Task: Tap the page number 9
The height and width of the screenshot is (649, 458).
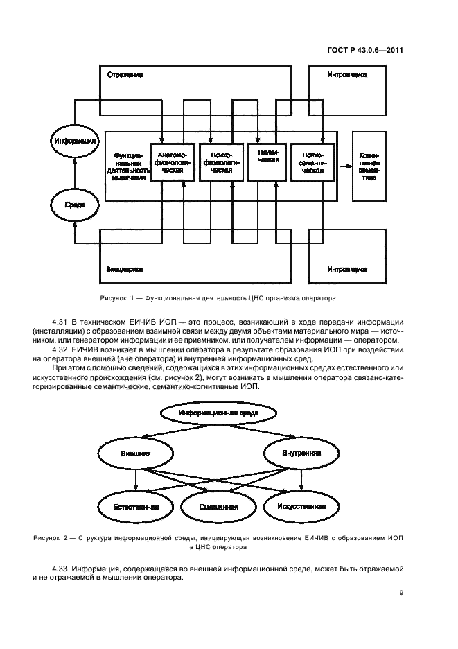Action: click(x=401, y=592)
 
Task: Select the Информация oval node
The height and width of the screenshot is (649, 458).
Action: click(x=74, y=142)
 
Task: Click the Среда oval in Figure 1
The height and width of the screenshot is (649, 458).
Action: click(x=74, y=205)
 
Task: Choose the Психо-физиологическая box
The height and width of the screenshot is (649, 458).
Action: click(x=220, y=162)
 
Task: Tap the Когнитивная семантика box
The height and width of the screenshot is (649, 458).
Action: click(x=368, y=166)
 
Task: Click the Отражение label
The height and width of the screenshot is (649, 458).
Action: click(x=125, y=74)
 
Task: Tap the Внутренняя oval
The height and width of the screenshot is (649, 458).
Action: click(x=301, y=453)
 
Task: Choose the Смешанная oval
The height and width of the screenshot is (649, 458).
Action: click(x=218, y=507)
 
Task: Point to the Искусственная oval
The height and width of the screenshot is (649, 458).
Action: click(x=301, y=507)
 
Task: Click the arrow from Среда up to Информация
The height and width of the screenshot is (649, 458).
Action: click(x=74, y=173)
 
